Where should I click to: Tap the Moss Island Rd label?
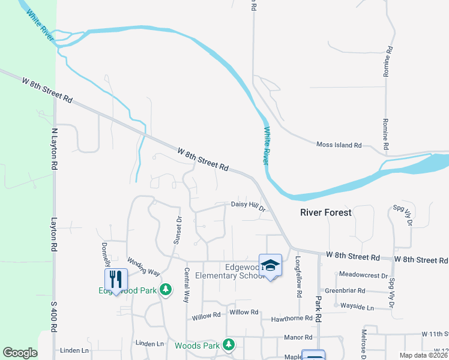339,145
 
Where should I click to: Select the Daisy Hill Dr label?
248,206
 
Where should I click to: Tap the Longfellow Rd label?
298,277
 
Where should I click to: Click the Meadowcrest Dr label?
363,275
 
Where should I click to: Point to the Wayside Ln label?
357,307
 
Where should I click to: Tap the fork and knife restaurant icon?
116,279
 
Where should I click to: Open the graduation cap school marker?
271,265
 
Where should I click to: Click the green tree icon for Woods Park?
228,344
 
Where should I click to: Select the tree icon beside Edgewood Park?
166,291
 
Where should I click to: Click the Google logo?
20,353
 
